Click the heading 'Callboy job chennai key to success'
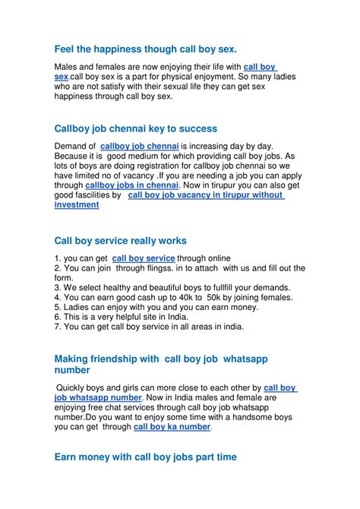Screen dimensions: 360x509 point(136,129)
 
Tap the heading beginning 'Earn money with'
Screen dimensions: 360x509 point(146,457)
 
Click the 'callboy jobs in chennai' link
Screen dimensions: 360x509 point(132,185)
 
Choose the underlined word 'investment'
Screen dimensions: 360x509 point(77,204)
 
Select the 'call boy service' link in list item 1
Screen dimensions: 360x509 point(144,258)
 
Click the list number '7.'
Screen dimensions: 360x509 point(58,327)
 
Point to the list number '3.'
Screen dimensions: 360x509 point(58,287)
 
